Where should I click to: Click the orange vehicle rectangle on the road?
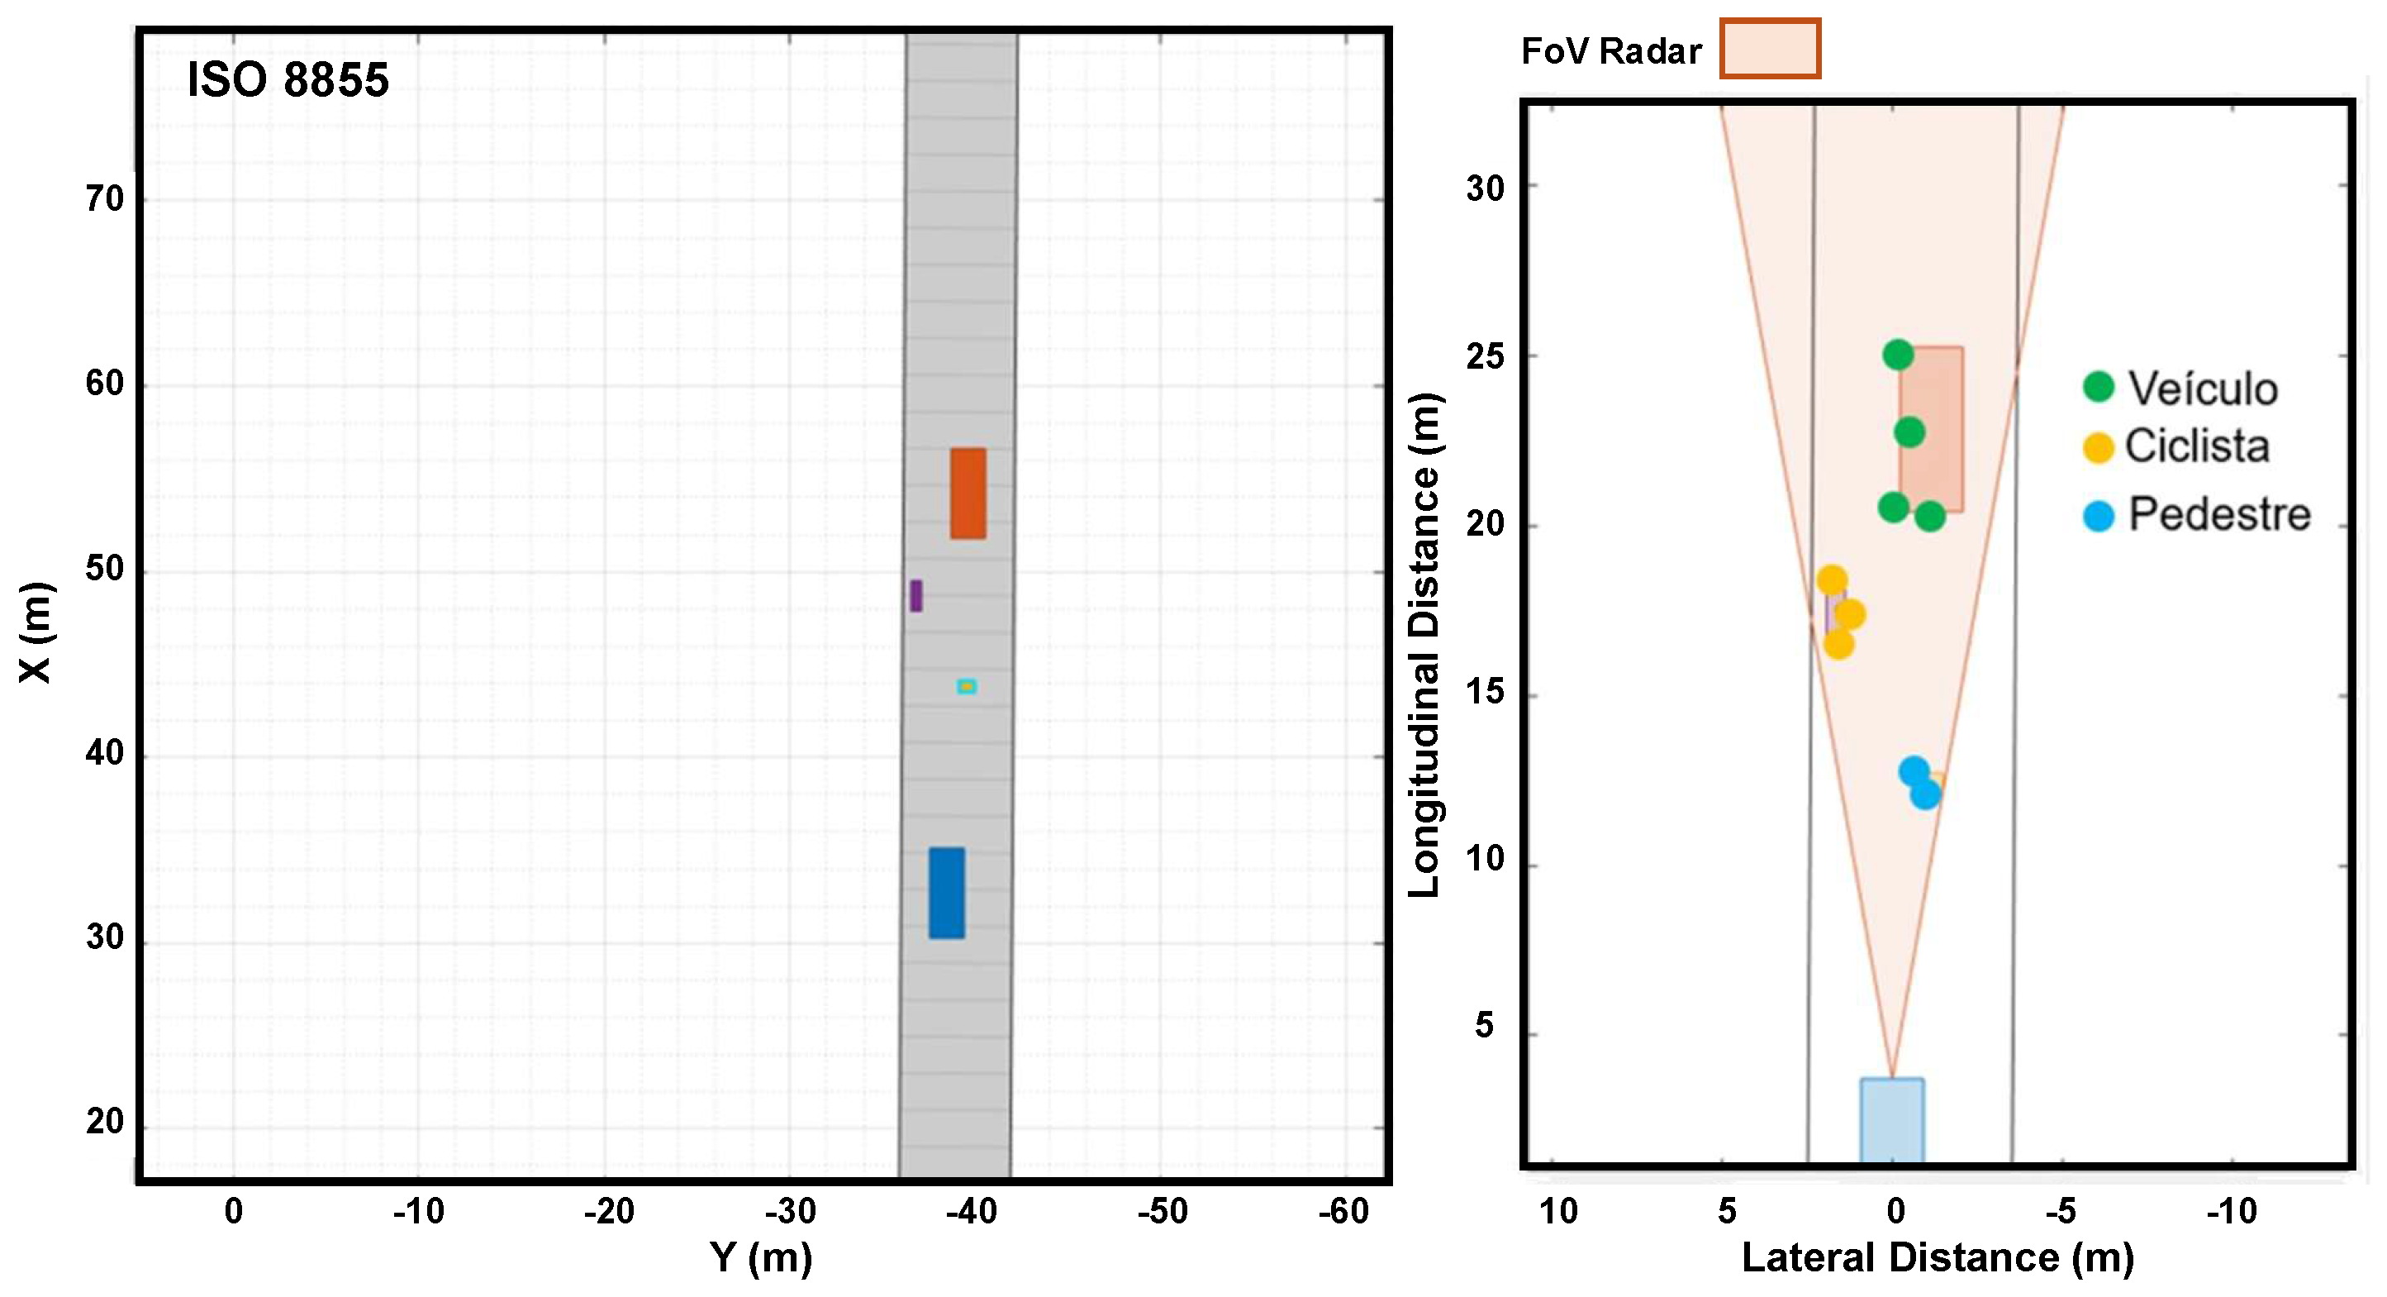968,494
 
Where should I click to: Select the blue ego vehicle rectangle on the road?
946,893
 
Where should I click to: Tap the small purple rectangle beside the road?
915,595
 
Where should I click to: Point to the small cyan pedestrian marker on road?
967,686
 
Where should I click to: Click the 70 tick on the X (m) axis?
105,198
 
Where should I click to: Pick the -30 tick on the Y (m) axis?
791,1211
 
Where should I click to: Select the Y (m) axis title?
761,1258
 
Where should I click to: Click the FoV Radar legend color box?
1770,48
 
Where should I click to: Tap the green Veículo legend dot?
2098,387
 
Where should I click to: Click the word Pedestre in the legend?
2218,513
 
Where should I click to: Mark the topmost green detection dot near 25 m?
1898,354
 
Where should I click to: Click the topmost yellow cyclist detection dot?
1831,580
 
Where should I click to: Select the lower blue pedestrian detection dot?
1924,794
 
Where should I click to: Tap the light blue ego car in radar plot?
1891,1119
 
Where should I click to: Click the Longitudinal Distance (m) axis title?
1424,644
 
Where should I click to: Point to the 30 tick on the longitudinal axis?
1485,188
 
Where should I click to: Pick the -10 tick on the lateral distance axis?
2230,1211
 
